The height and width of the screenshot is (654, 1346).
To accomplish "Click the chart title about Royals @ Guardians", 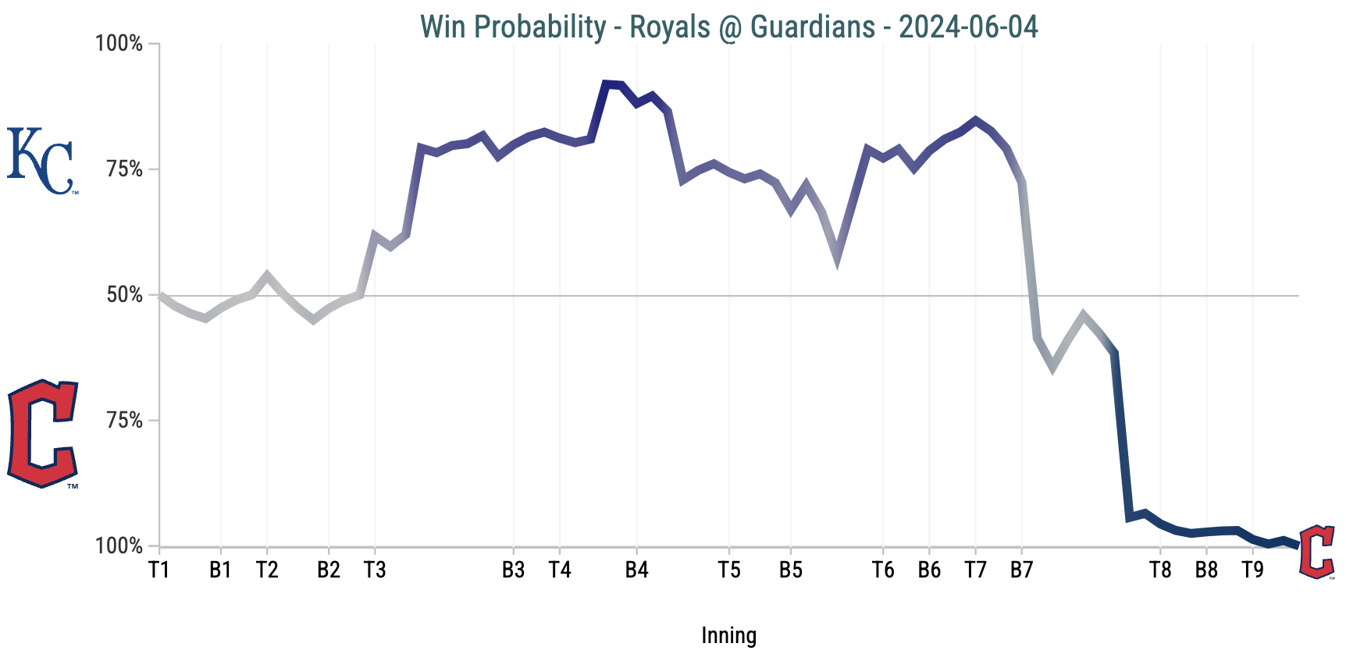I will point(728,27).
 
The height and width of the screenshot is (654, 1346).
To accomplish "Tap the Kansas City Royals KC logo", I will point(41,161).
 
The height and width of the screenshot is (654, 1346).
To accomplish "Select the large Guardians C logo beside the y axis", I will point(43,434).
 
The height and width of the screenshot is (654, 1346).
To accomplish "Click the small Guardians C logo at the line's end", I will point(1317,553).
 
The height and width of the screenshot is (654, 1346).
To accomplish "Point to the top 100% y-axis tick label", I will point(119,44).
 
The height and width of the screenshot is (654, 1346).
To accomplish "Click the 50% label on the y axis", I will point(124,295).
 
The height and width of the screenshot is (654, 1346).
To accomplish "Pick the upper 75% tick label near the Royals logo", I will point(124,169).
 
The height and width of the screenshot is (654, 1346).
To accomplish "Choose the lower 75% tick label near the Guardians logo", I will point(124,421).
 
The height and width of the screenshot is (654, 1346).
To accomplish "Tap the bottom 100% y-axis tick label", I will point(119,546).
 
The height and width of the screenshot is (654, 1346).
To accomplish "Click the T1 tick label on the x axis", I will point(159,570).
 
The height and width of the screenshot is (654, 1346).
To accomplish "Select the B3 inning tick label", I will point(513,570).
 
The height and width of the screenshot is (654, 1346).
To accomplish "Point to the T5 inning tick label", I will point(729,570).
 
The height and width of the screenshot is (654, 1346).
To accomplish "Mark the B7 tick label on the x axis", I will point(1021,570).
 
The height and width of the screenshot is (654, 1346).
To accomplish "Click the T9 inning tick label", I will point(1252,570).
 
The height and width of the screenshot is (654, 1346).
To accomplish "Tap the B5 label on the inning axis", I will point(791,570).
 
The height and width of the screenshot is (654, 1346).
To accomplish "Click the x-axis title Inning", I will point(728,635).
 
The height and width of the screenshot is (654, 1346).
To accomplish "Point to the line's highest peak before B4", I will point(607,84).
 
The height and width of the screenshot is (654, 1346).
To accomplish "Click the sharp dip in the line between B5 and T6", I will point(837,260).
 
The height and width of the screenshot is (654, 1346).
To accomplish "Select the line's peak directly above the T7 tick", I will point(975,120).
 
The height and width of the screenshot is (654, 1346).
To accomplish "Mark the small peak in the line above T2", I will point(267,275).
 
